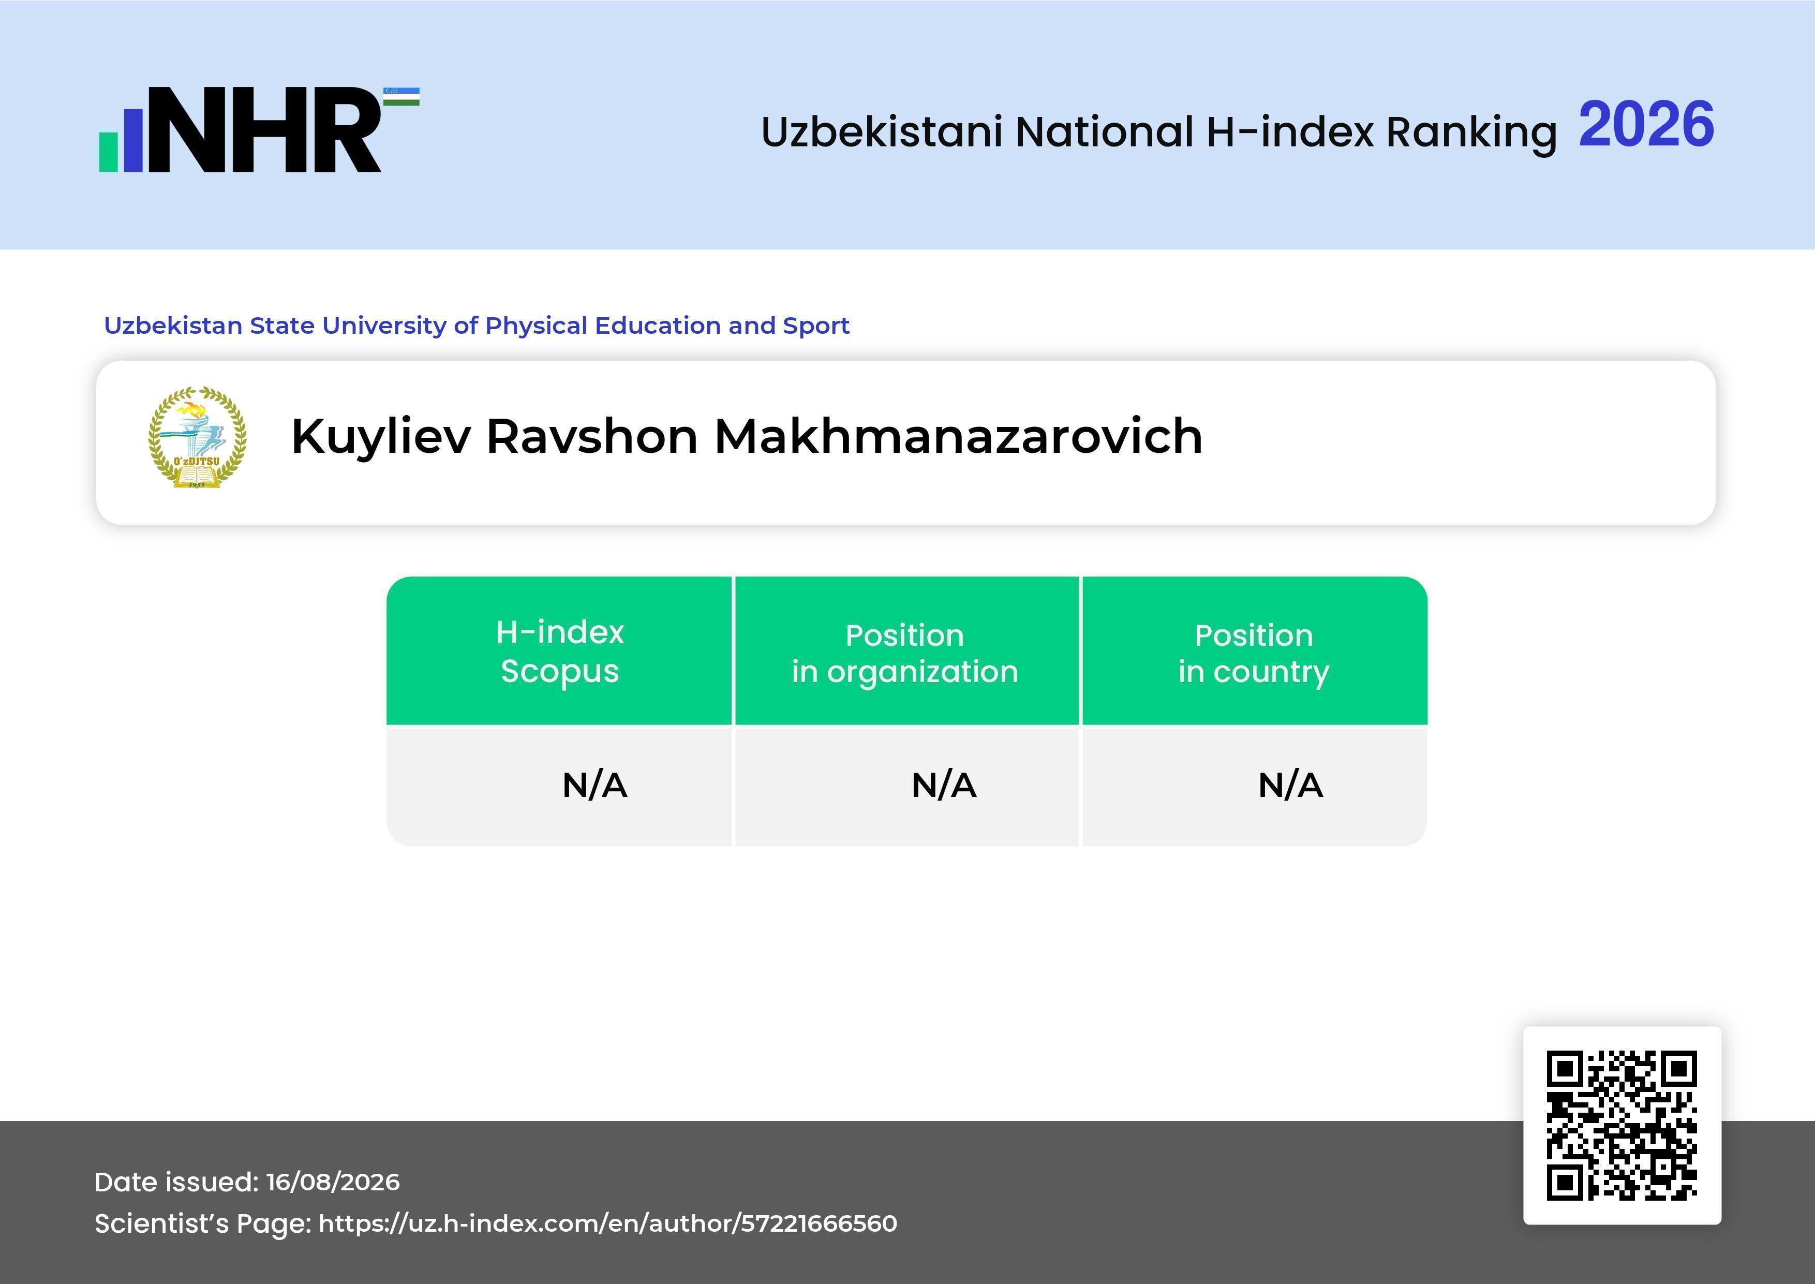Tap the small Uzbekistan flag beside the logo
(401, 96)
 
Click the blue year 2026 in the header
(1646, 124)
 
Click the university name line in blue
(477, 326)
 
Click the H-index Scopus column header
(560, 652)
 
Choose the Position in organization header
(905, 653)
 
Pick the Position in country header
(1254, 653)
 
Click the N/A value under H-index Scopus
(594, 785)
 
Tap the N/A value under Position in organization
(944, 785)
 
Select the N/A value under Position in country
(1290, 785)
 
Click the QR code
(1622, 1125)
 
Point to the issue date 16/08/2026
(333, 1182)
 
